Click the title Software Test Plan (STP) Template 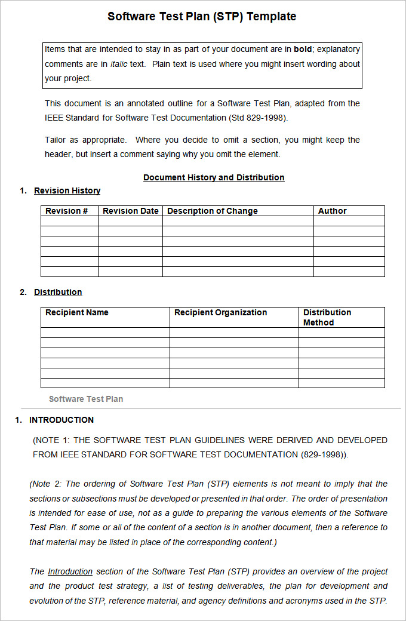click(x=202, y=17)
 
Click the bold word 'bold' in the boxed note click(x=303, y=50)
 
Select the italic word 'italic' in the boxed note click(x=119, y=64)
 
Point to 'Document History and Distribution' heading click(x=214, y=177)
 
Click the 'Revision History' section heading click(x=67, y=190)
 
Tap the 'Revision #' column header click(x=67, y=211)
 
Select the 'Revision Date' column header click(x=131, y=211)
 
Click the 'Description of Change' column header click(x=213, y=211)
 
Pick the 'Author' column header click(x=333, y=211)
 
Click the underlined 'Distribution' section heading click(x=58, y=292)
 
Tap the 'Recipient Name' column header click(x=77, y=312)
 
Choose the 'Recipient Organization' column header click(x=220, y=312)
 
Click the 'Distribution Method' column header click(x=327, y=317)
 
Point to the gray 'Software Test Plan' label click(x=86, y=399)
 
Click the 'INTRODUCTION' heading click(x=61, y=420)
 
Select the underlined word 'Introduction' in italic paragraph click(x=70, y=571)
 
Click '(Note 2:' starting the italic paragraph click(x=46, y=484)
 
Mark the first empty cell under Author click(x=349, y=221)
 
